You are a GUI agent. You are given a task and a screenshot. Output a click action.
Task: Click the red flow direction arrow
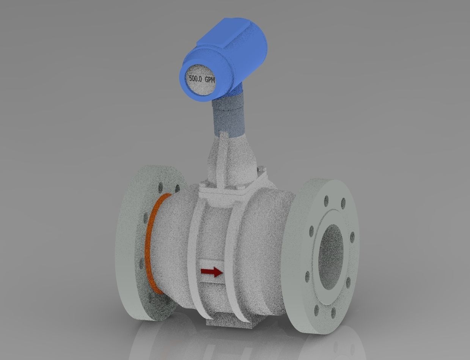pos(211,272)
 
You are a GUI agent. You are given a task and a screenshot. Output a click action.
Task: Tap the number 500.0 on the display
pos(196,79)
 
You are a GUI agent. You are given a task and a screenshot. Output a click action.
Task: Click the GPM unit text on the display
pos(210,80)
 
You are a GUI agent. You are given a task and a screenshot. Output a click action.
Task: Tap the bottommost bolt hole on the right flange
pos(333,313)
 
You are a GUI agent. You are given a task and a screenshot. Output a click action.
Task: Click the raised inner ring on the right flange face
pos(322,224)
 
